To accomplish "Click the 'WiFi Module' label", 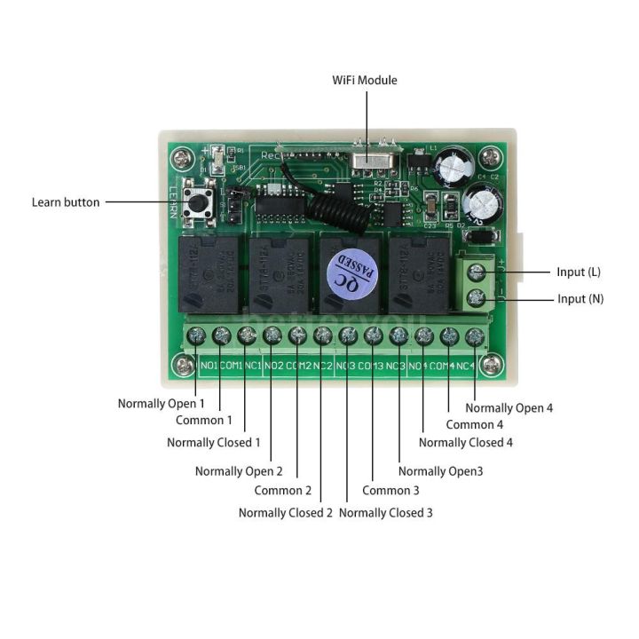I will tap(365, 80).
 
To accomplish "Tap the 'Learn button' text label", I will tap(66, 202).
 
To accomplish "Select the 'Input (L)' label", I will tap(578, 272).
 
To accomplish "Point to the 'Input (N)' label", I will tap(580, 299).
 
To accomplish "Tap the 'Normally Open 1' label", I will tap(161, 404).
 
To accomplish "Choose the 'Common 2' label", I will tap(283, 491).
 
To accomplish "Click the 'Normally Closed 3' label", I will tap(386, 512).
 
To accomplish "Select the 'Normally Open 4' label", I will tap(509, 408).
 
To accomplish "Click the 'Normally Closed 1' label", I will tap(214, 442).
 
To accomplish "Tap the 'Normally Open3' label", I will tap(441, 471).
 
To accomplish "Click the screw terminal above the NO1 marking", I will tap(197, 335).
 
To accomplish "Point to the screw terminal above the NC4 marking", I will tap(476, 336).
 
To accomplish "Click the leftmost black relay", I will tap(209, 274).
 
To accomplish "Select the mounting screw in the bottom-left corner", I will tap(184, 363).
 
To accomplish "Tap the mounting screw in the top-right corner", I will tap(491, 158).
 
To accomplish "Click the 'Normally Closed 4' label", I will tap(466, 442).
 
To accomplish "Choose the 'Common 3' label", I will tap(391, 491).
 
